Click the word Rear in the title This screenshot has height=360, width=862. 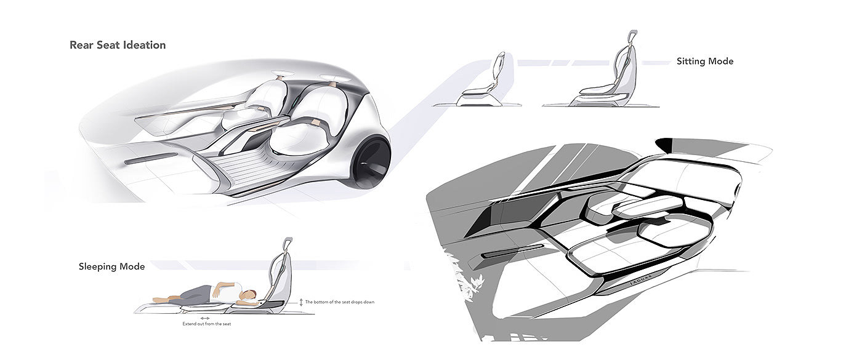[x=80, y=45]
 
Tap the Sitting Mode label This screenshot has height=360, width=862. [x=705, y=62]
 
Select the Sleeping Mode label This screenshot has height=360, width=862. [x=111, y=266]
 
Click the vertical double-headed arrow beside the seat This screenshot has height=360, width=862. [x=300, y=302]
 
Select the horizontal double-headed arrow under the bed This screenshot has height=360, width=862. [x=205, y=318]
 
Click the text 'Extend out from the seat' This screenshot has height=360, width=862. [x=206, y=324]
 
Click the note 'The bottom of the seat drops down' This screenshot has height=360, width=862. [x=340, y=302]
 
